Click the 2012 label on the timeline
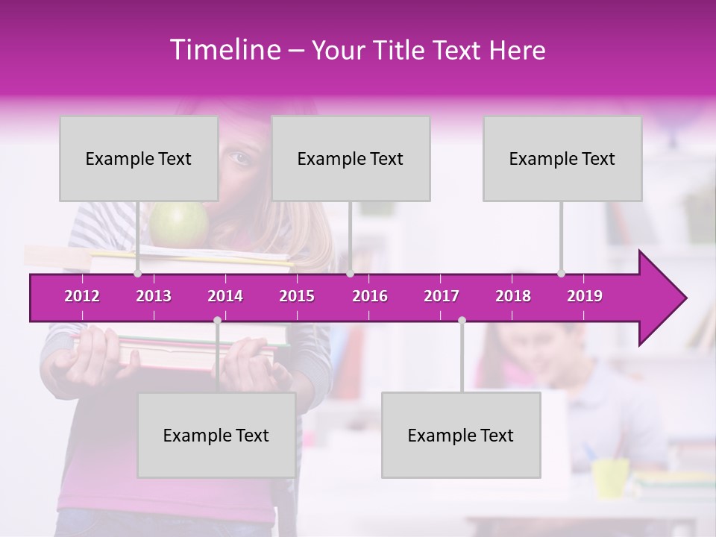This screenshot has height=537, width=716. (82, 296)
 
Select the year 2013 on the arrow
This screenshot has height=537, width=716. (154, 296)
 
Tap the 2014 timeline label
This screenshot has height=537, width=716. (225, 296)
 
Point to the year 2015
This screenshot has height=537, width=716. (297, 296)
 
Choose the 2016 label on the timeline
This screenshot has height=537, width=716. (370, 296)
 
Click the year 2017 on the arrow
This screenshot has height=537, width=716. (442, 296)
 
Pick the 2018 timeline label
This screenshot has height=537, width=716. (513, 296)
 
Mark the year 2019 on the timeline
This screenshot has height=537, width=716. (585, 296)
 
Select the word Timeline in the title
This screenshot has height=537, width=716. (223, 50)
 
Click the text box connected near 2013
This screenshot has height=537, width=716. (139, 158)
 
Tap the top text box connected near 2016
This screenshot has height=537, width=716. (351, 158)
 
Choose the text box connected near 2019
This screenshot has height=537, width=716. (562, 158)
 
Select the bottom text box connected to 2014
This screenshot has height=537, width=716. (216, 435)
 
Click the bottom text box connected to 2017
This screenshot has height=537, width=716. (461, 435)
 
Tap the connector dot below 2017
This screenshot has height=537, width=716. (462, 320)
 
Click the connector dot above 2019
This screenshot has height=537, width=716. (561, 273)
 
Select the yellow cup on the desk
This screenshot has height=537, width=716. (610, 477)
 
